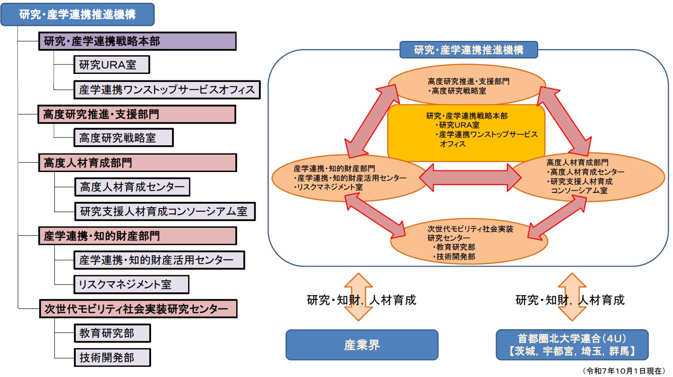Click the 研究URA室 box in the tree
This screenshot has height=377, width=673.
[112, 65]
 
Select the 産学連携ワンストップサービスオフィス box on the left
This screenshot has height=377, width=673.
[167, 90]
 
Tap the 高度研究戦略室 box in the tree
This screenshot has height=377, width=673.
[123, 138]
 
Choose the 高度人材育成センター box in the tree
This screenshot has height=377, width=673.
[132, 187]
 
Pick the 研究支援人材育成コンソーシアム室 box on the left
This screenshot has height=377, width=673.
[165, 212]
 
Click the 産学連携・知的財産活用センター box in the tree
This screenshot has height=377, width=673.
[159, 260]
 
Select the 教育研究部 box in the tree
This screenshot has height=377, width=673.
[112, 333]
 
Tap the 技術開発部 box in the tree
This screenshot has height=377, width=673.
[112, 357]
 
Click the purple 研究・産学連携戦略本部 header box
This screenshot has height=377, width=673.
[137, 41]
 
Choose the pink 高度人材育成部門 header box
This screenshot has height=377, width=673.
[137, 163]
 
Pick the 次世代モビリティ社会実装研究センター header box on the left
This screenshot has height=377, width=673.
[138, 309]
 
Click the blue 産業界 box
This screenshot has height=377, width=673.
[362, 345]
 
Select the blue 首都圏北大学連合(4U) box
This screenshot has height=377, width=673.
[572, 345]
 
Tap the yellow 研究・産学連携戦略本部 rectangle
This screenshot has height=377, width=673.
[466, 132]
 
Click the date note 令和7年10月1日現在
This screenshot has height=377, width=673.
[623, 370]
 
